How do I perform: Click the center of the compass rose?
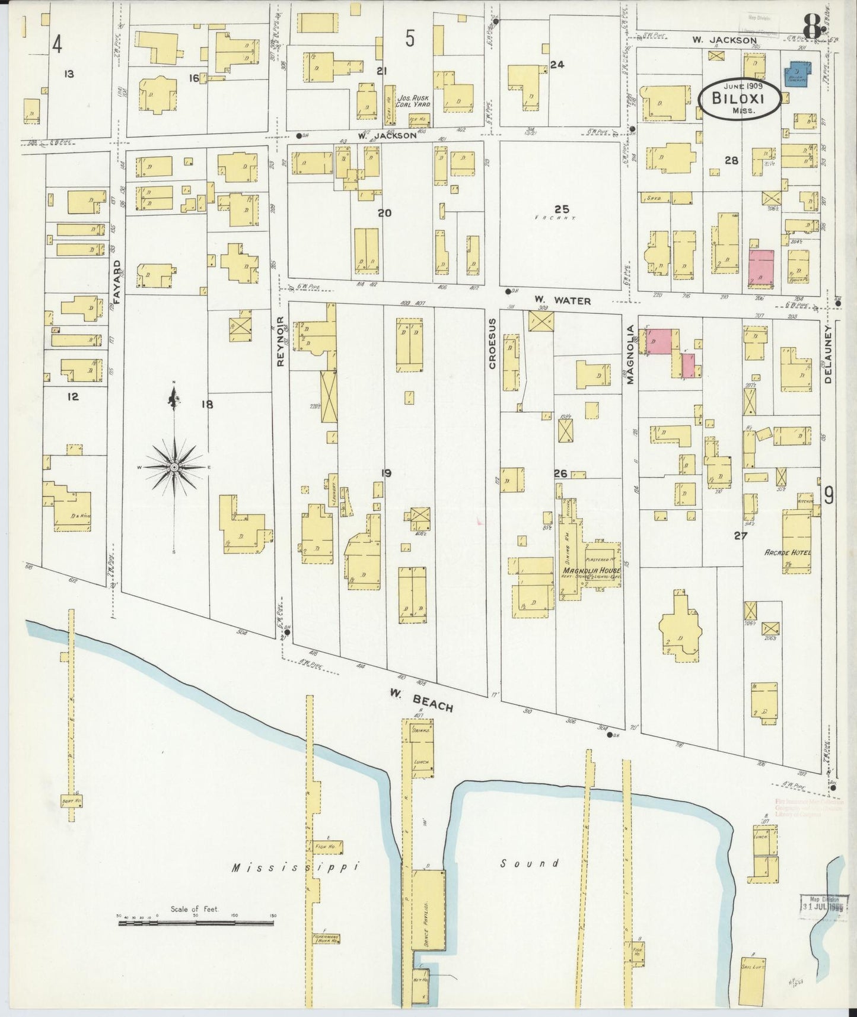[174, 468]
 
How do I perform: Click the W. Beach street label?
[421, 700]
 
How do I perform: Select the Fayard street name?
[117, 281]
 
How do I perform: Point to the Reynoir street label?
[282, 340]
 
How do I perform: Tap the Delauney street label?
[829, 354]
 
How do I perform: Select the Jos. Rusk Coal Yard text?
[413, 101]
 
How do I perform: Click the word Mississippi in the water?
[296, 867]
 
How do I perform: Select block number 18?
[206, 405]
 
